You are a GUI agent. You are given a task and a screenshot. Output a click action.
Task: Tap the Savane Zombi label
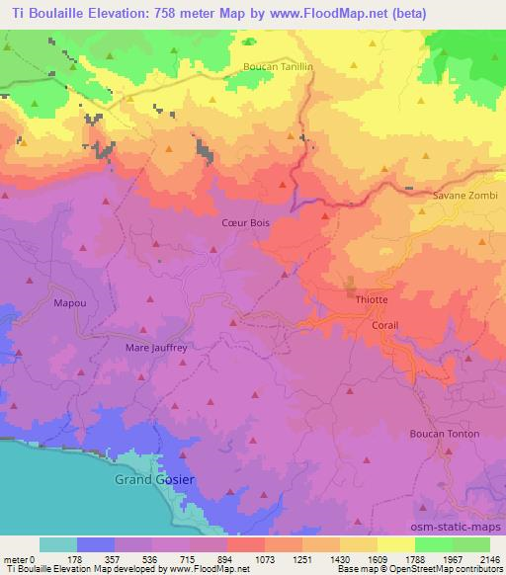click(464, 197)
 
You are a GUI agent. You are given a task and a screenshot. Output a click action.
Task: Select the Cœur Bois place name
click(244, 223)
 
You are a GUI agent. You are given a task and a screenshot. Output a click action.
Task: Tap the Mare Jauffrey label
click(155, 348)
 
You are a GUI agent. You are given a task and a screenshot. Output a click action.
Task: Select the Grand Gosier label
click(150, 480)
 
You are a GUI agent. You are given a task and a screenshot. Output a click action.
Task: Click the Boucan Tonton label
click(445, 434)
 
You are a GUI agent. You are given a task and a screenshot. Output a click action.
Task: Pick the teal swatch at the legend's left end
click(58, 544)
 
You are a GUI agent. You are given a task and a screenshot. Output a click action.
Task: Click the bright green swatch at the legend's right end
click(471, 544)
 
